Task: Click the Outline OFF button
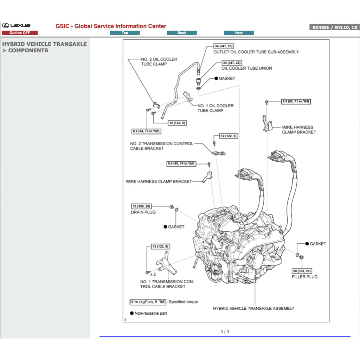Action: pos(20,33)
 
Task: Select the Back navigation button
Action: pos(182,33)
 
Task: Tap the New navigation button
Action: pos(239,33)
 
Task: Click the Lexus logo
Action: pos(17,26)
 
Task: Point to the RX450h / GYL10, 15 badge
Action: pos(334,27)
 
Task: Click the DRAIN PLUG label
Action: pos(143,212)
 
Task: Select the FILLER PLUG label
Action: pos(304,277)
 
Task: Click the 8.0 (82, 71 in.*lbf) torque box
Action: pos(296,102)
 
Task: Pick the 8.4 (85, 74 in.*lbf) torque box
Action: pos(181,164)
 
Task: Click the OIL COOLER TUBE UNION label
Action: pos(246,68)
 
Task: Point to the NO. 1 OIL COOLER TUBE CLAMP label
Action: pos(215,108)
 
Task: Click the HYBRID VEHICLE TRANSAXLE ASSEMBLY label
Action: pos(253,308)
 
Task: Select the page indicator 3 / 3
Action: pos(225,332)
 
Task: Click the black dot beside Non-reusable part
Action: pos(132,313)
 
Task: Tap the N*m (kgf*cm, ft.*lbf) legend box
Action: pos(148,302)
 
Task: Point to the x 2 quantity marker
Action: pos(153,274)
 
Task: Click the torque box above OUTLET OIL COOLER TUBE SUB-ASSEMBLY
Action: pos(224,46)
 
